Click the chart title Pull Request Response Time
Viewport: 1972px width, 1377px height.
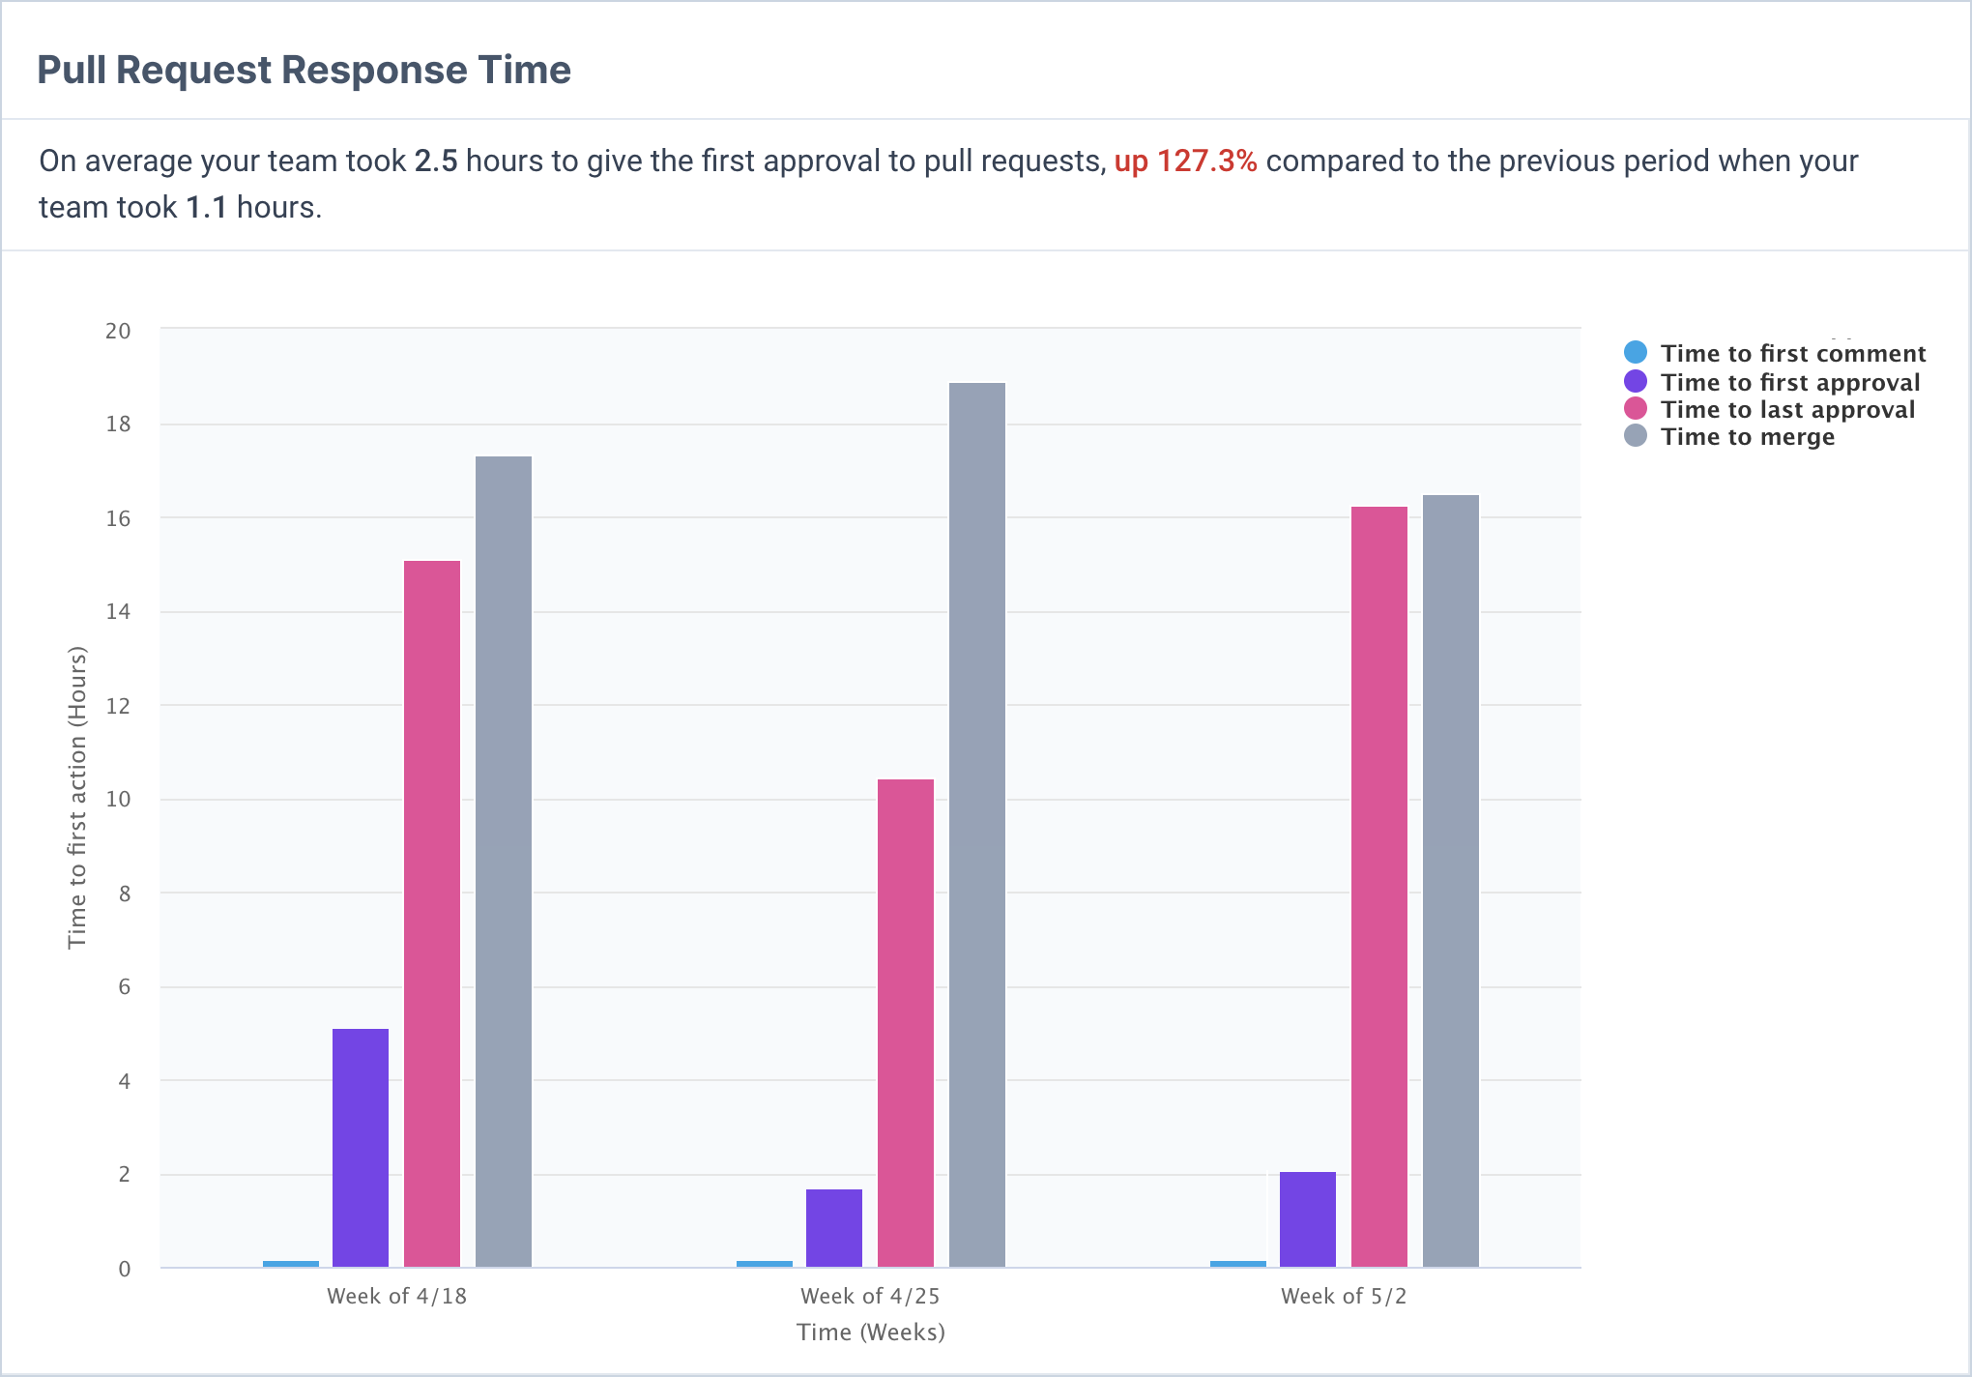(x=304, y=71)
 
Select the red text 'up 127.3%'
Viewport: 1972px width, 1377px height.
(x=1185, y=161)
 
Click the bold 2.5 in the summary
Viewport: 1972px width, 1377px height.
(x=436, y=161)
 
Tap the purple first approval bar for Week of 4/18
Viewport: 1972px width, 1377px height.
(x=361, y=1147)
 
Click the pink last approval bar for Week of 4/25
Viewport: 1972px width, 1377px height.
(x=906, y=1022)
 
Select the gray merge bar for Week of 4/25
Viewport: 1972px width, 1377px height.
(x=977, y=824)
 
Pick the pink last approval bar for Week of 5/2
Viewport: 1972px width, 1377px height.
(x=1379, y=886)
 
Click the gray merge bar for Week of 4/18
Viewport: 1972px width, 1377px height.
(x=504, y=861)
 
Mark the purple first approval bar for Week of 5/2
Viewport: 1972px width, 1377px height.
(x=1308, y=1218)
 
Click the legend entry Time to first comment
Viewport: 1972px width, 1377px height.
(x=1792, y=354)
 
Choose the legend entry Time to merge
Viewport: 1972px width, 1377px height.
(x=1747, y=437)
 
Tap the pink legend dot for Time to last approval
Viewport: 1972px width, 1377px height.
(x=1636, y=409)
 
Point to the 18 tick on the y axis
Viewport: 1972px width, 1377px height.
(x=118, y=425)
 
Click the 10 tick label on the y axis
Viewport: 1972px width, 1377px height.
(x=118, y=800)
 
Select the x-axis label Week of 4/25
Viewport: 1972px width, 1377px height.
(x=870, y=1297)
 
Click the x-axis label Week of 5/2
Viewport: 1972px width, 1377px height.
(x=1344, y=1297)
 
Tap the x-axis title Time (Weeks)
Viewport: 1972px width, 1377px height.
(x=870, y=1333)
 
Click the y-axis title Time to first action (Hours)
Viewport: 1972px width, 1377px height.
(x=77, y=798)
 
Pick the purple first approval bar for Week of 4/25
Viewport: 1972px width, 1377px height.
(x=834, y=1227)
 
